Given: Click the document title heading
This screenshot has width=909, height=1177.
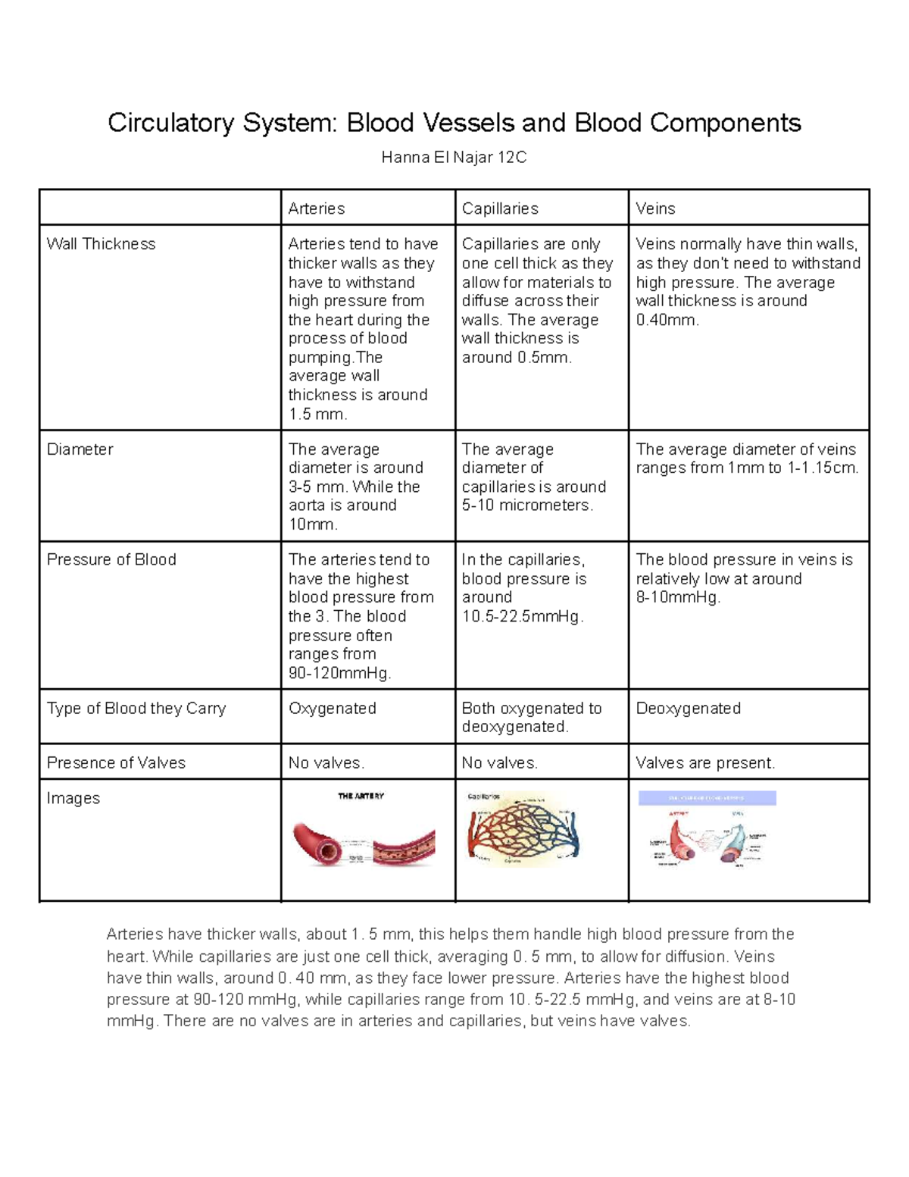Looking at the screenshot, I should coord(454,123).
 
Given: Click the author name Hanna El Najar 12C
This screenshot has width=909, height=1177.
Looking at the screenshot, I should coord(454,158).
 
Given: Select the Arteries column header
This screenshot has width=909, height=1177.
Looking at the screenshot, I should coord(317,208).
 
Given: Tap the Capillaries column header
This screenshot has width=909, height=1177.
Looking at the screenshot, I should coord(500,208).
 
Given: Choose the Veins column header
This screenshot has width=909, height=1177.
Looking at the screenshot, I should coord(655,208).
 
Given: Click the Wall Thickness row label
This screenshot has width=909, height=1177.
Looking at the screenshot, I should coord(101,244).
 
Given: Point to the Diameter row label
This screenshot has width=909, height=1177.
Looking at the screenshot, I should coord(80,449).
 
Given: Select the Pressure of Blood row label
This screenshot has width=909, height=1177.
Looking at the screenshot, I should coord(111,560).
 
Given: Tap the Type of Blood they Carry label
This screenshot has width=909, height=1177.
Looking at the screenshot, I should coord(136,709).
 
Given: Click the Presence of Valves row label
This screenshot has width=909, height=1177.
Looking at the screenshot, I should coord(116,763).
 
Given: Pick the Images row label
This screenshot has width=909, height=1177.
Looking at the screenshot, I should coord(73,799).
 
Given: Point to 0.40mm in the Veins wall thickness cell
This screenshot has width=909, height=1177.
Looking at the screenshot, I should coord(667,320).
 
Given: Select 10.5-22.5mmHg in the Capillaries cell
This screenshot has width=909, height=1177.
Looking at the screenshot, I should coord(522,617).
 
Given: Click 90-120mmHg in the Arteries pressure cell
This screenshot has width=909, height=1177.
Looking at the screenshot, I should coord(339,674).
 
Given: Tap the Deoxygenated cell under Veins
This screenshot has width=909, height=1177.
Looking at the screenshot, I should coord(688,709).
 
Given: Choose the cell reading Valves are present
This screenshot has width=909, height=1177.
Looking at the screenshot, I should coord(705,763).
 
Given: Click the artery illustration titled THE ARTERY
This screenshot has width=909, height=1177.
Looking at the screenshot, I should coord(364,834).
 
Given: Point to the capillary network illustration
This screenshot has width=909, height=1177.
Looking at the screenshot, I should coord(523,830).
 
